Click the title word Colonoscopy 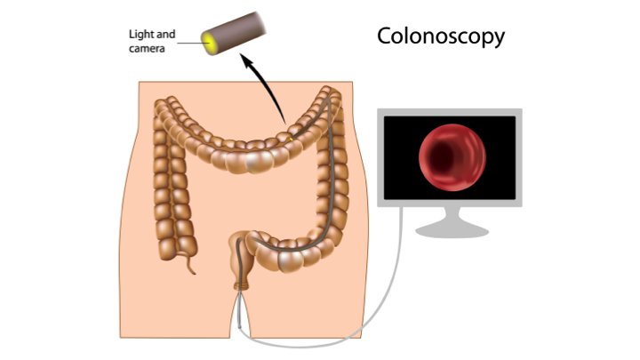[x=441, y=36]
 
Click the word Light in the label [x=140, y=35]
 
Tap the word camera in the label [x=147, y=49]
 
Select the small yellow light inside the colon [x=291, y=140]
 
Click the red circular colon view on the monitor [x=452, y=157]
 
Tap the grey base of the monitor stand [x=452, y=230]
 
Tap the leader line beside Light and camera [x=192, y=43]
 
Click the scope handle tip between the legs [x=240, y=325]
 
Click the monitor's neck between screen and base [x=452, y=215]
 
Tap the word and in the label [x=166, y=35]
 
